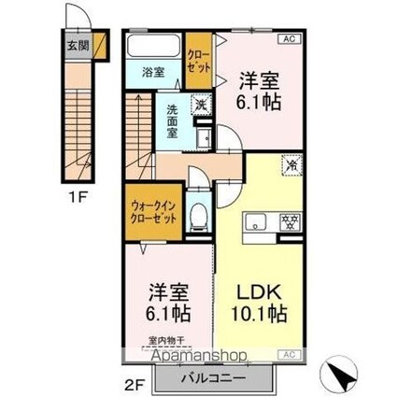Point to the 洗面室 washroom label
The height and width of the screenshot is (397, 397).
pos(173,120)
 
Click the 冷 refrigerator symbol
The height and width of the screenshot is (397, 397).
pos(291,164)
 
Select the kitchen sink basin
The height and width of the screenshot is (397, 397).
pos(257,222)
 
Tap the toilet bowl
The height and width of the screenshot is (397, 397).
pos(197,217)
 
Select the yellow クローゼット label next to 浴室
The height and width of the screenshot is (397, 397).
pos(198,61)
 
